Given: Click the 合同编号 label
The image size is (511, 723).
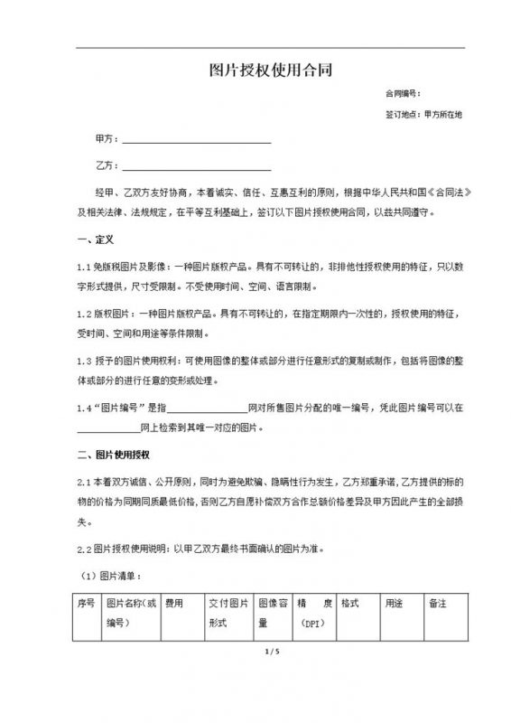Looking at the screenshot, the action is coord(403,94).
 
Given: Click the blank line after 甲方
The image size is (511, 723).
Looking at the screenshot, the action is coord(196,141).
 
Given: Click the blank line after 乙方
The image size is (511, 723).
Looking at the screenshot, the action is coord(196,168).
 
